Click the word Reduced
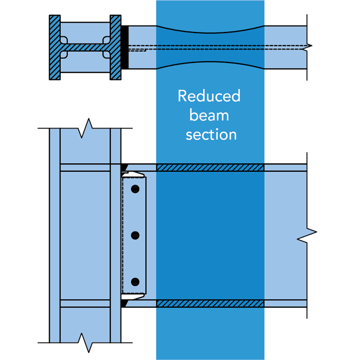[209, 96]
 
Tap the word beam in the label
[209, 115]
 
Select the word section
[211, 134]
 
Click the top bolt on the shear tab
[135, 189]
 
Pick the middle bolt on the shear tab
[135, 235]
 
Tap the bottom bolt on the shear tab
[135, 282]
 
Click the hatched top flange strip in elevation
[210, 167]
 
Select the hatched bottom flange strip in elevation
[210, 304]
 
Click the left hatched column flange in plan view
[54, 47]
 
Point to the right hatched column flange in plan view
[116, 47]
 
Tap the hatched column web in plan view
[85, 47]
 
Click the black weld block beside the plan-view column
[125, 47]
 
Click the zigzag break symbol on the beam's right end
[308, 233]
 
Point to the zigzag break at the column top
[85, 127]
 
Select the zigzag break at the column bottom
[85, 341]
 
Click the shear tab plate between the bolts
[135, 212]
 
